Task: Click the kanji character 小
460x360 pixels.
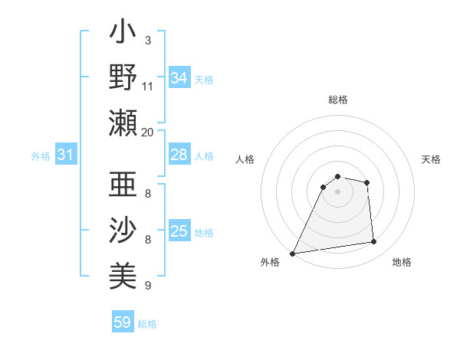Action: [123, 35]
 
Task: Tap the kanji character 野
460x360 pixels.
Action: [123, 78]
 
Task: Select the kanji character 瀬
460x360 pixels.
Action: [123, 122]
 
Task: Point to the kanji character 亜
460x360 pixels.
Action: [123, 186]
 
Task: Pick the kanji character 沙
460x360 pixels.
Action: [123, 230]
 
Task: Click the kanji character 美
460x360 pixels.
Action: [123, 273]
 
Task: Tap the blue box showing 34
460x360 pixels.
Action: [179, 78]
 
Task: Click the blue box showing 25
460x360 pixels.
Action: [179, 231]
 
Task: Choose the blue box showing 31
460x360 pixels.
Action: [65, 155]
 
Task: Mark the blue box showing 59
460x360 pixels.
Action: [123, 322]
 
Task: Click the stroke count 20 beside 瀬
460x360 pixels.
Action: [147, 132]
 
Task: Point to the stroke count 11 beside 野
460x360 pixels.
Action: [147, 87]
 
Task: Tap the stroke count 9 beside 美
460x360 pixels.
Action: [147, 286]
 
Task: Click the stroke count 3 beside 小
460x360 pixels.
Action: [147, 40]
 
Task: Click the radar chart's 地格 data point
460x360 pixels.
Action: [374, 242]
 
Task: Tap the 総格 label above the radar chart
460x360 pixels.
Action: [338, 100]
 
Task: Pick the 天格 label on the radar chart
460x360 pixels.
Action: [431, 159]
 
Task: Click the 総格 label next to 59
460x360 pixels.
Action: [148, 324]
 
